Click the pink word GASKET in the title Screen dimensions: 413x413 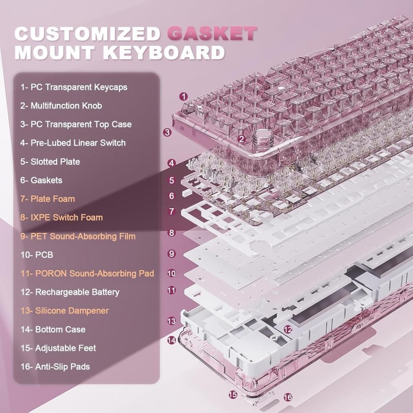[212, 33]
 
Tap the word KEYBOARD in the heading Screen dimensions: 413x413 [163, 52]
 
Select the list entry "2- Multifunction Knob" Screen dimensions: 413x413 [61, 106]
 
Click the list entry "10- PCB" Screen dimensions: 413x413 [37, 255]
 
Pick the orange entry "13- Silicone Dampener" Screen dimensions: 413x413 [65, 311]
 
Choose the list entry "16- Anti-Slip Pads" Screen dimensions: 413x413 [56, 366]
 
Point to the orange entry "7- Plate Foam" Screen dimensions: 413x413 [48, 199]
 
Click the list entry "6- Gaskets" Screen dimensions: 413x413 [41, 180]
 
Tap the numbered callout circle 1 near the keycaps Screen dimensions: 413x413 [183, 97]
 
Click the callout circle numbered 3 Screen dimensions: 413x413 [167, 132]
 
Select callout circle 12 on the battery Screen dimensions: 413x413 [288, 329]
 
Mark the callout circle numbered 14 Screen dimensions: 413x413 [172, 340]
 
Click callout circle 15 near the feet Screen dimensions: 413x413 [233, 394]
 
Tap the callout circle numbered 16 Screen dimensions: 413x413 [288, 397]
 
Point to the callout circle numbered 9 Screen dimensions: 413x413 [172, 254]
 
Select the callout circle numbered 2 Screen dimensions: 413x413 [241, 139]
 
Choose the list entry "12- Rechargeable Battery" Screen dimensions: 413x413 [70, 292]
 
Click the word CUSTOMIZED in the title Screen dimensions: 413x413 [88, 33]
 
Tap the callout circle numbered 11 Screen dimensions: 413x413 [172, 290]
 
